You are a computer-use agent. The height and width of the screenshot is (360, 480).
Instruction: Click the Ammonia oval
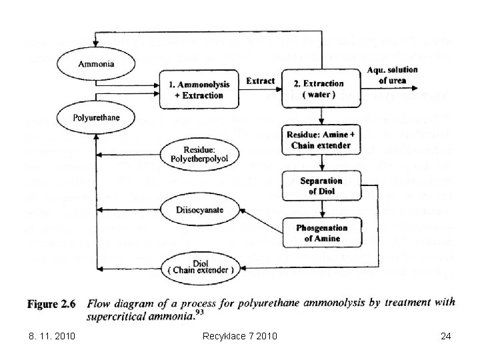pyautogui.click(x=96, y=65)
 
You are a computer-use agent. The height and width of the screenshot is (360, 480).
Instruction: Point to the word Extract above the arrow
pyautogui.click(x=260, y=81)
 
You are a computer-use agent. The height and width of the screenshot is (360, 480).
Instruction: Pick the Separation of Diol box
pyautogui.click(x=321, y=186)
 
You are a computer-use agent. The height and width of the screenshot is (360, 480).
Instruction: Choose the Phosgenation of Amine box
pyautogui.click(x=322, y=233)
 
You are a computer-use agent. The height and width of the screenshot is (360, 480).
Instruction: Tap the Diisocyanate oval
pyautogui.click(x=200, y=209)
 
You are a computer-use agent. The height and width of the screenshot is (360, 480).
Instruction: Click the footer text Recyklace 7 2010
pyautogui.click(x=239, y=337)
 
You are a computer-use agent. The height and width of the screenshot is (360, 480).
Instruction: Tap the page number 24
pyautogui.click(x=446, y=337)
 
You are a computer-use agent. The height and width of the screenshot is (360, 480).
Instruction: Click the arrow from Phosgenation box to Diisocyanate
pyautogui.click(x=261, y=220)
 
